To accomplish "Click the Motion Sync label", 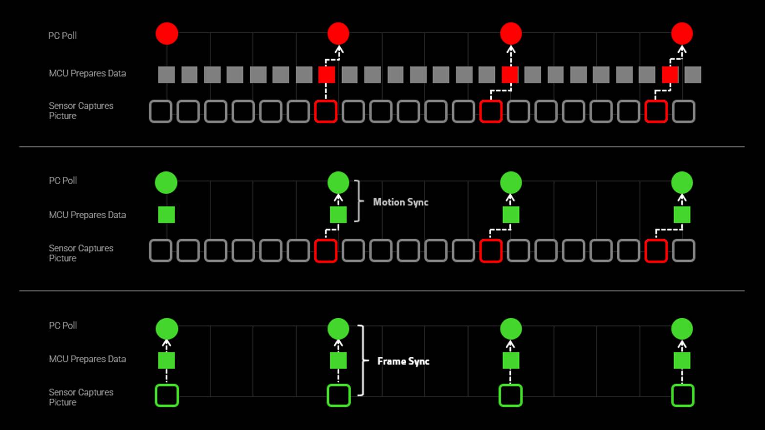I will pos(400,202).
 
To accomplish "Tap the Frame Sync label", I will pos(403,361).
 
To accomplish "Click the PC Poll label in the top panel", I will pos(62,36).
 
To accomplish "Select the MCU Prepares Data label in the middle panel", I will pos(87,215).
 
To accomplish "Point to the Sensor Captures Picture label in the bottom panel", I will pos(81,397).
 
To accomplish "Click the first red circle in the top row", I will pos(167,34).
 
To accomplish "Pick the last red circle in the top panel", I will pos(682,34).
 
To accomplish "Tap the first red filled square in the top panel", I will pos(327,75).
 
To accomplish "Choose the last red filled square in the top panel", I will pos(670,75).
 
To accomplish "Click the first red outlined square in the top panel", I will pos(326,111).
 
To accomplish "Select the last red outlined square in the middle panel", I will pos(656,251).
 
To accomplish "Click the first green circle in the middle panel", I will pos(166,183).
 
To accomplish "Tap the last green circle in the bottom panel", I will pos(682,328).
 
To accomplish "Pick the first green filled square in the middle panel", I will pos(167,215).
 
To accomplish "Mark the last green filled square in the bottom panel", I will pos(682,361).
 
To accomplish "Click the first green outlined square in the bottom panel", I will pos(167,395).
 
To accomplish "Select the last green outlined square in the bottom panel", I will pos(683,395).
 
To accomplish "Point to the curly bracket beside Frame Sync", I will pos(363,360).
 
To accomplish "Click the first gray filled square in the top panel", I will pos(167,75).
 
